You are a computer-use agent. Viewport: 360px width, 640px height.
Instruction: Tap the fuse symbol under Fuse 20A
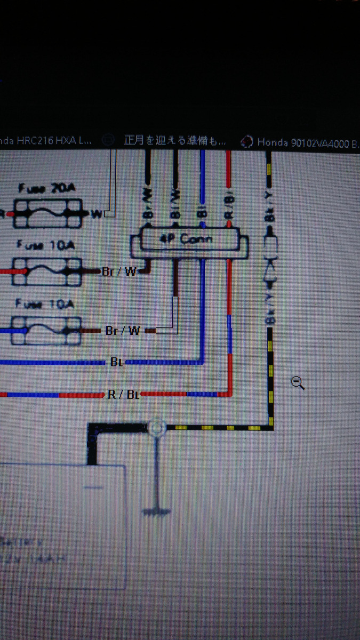[47, 213]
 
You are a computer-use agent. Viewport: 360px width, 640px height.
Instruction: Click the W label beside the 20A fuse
[97, 214]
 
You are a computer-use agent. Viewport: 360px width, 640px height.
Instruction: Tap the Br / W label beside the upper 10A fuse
[120, 271]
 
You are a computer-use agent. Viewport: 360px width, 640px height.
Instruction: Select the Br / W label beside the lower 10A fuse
[123, 331]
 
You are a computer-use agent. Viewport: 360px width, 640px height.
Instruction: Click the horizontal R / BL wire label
[122, 395]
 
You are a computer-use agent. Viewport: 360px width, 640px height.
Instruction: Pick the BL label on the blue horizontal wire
[116, 363]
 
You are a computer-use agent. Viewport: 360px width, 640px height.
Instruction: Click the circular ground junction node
[156, 427]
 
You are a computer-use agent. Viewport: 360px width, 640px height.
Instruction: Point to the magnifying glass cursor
[298, 382]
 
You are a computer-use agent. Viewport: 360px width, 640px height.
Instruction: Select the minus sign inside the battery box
[93, 487]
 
